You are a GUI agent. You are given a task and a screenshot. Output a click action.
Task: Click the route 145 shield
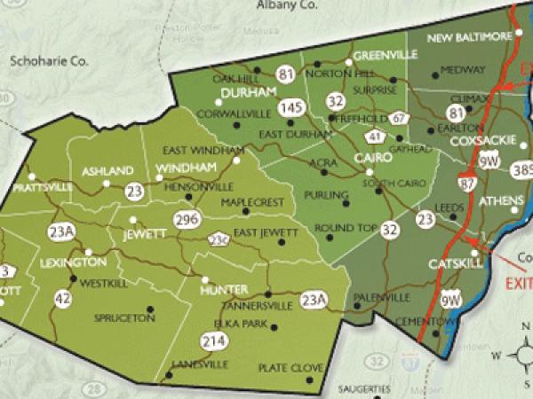[288, 107]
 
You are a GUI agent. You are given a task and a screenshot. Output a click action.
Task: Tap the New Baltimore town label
[470, 37]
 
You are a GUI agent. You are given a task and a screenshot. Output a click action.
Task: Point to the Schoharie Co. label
[50, 62]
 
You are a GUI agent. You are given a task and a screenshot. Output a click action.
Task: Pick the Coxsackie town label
[479, 141]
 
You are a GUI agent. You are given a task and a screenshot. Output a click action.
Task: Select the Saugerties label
[365, 388]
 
